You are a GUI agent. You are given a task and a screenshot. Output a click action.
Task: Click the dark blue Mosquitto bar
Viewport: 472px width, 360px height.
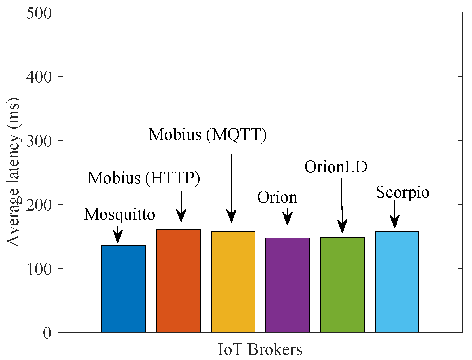(x=123, y=288)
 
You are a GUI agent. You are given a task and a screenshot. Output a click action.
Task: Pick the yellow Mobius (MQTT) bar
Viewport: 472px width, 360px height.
(x=233, y=282)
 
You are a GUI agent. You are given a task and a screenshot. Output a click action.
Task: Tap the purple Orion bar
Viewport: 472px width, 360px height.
(x=287, y=285)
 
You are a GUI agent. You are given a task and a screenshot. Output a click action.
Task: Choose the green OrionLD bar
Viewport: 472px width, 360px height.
(x=342, y=284)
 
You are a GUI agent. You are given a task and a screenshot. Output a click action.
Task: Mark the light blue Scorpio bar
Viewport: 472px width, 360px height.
(x=397, y=282)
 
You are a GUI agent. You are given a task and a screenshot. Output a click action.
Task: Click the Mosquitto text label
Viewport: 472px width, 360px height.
(x=119, y=214)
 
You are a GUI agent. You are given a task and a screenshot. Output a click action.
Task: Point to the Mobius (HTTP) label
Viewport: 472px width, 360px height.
(x=144, y=178)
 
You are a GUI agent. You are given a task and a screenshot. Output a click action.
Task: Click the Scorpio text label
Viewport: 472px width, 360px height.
(x=402, y=192)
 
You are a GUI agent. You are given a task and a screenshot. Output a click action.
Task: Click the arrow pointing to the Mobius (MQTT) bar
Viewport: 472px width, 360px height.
(x=232, y=187)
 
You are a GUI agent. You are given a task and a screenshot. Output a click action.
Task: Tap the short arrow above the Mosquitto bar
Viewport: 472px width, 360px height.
(x=118, y=235)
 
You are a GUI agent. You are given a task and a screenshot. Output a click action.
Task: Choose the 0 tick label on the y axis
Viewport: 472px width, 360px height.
(x=47, y=332)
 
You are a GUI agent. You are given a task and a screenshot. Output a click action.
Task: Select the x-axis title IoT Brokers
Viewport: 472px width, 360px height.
(x=260, y=349)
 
